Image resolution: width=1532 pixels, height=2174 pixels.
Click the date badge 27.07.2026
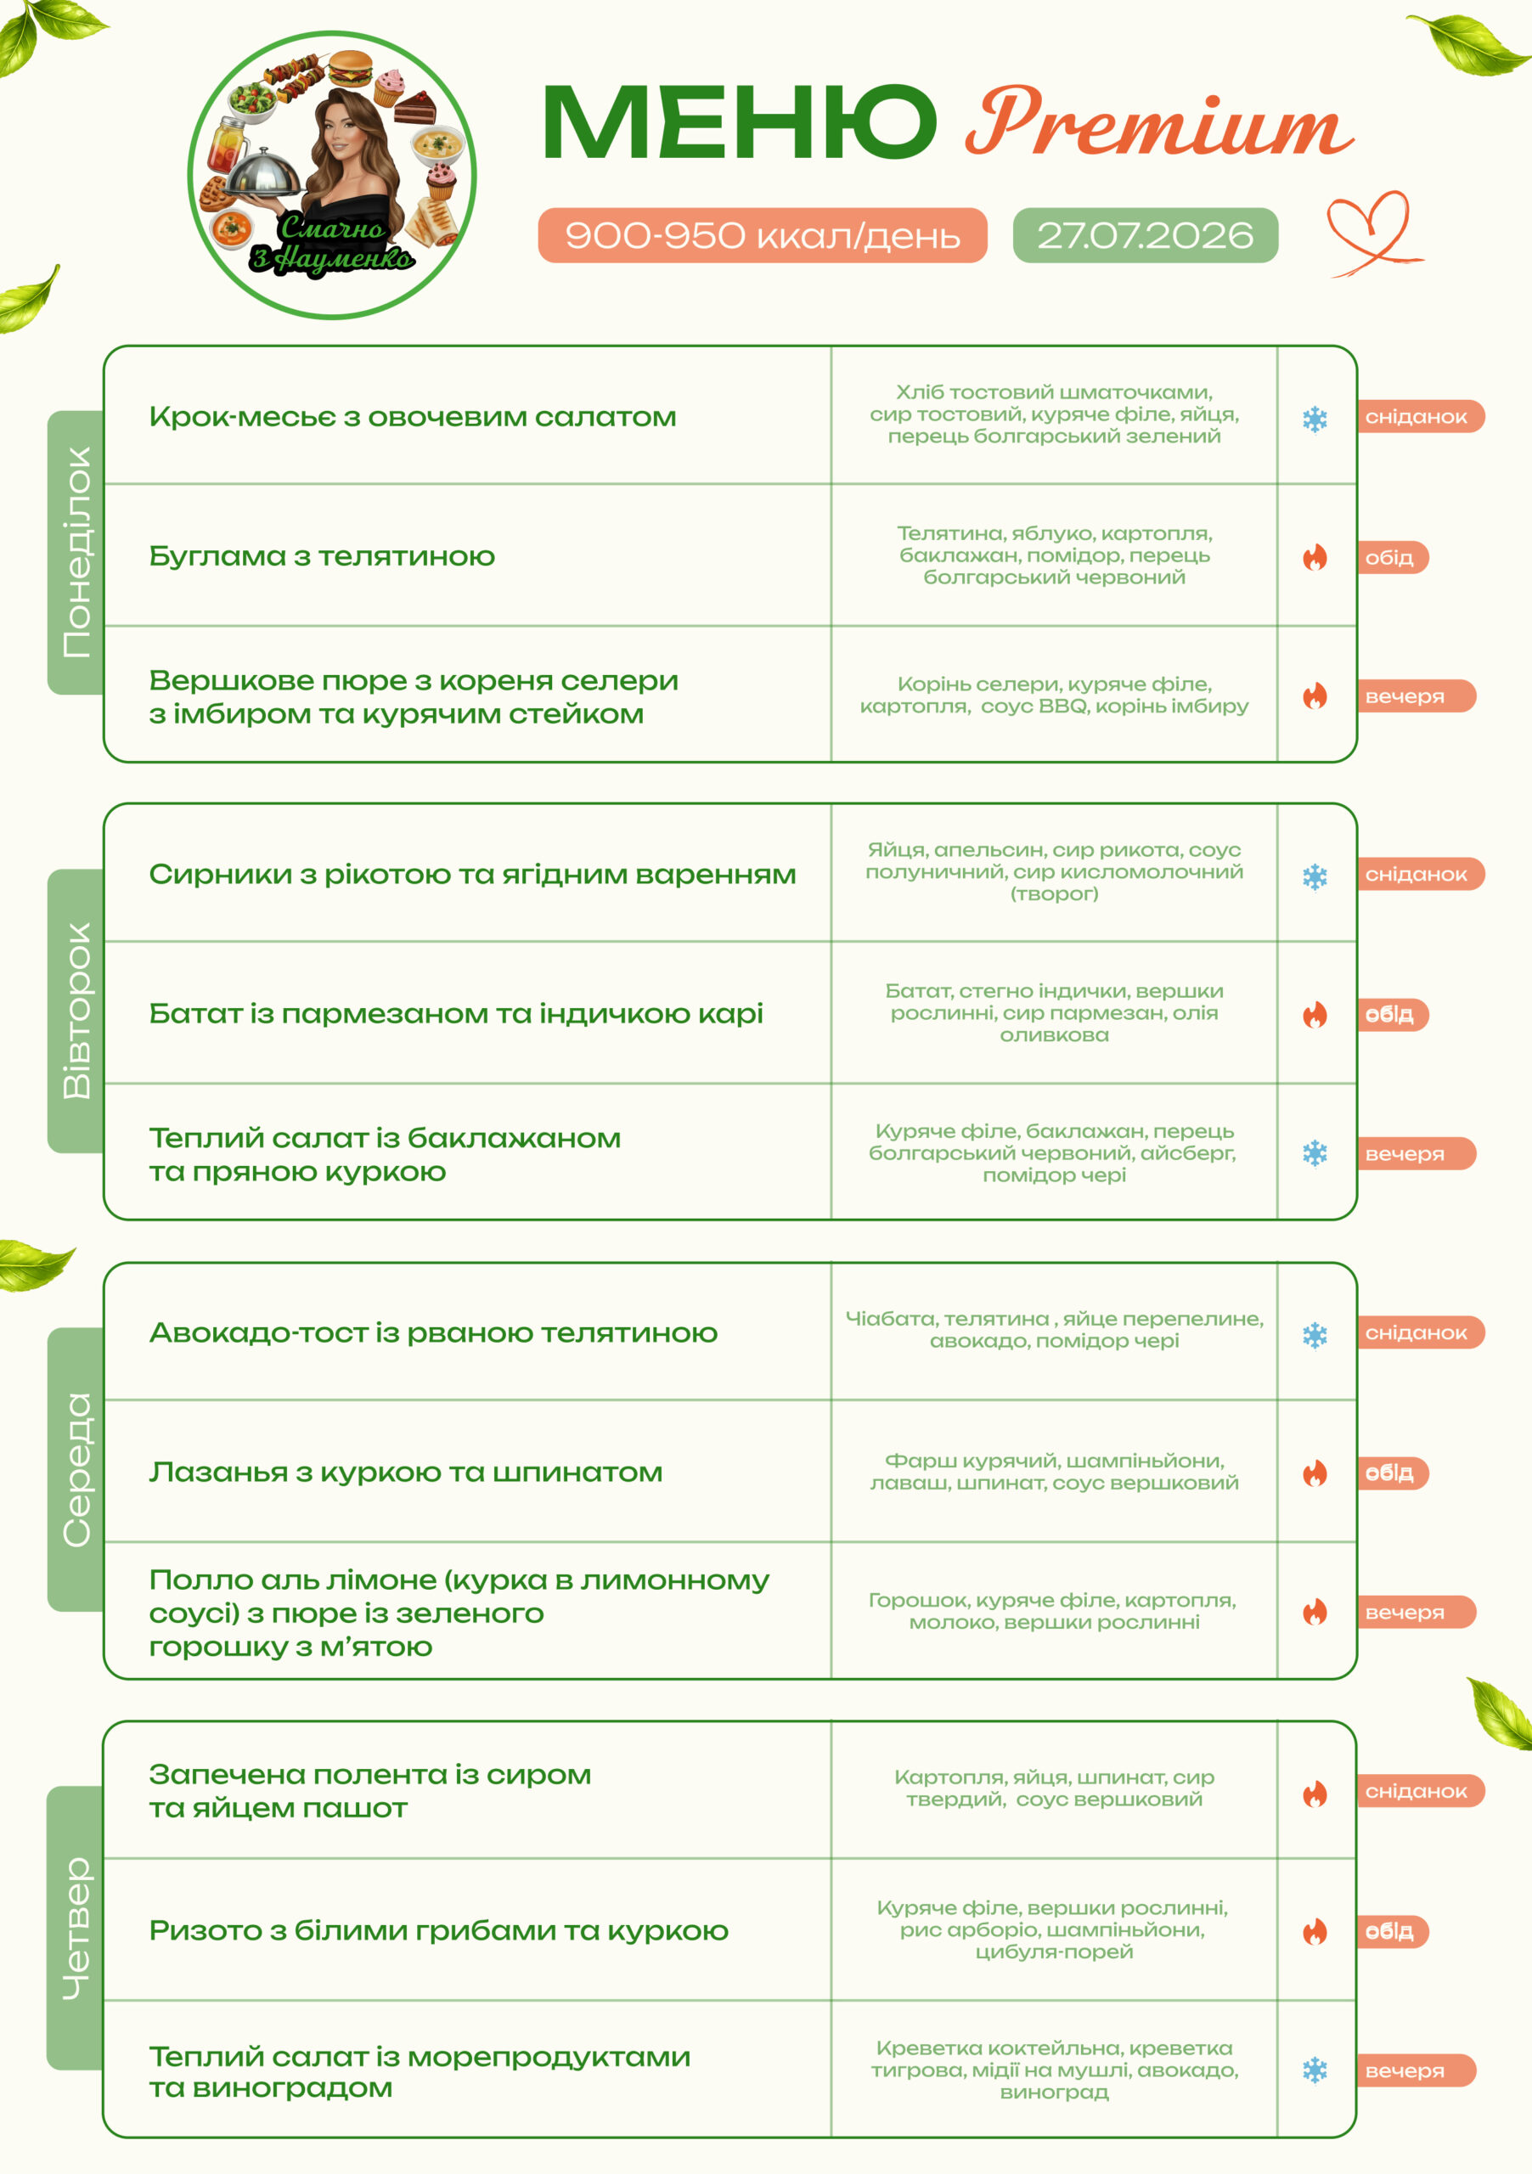(1145, 235)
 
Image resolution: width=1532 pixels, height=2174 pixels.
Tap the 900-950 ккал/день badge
(763, 235)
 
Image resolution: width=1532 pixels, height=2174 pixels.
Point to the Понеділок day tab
(76, 552)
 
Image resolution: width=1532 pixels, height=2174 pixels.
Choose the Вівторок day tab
(76, 1011)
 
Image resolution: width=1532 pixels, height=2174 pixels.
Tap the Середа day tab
(76, 1468)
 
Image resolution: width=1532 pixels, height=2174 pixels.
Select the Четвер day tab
(76, 1928)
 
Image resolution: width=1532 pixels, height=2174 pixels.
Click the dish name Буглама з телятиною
(322, 555)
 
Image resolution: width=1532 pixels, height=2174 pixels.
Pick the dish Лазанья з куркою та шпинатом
(406, 1473)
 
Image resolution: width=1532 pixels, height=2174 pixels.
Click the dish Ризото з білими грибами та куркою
(438, 1930)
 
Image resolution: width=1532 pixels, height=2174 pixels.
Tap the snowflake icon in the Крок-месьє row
(1315, 419)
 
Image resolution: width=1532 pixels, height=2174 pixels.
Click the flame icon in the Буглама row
(1315, 557)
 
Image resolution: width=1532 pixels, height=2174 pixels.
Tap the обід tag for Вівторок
(1393, 1014)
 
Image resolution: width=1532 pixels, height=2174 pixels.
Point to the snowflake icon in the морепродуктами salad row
(1315, 2070)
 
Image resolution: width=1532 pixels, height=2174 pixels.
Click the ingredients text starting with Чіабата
(1054, 1329)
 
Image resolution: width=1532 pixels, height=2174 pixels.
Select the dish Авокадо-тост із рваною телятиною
(434, 1332)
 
